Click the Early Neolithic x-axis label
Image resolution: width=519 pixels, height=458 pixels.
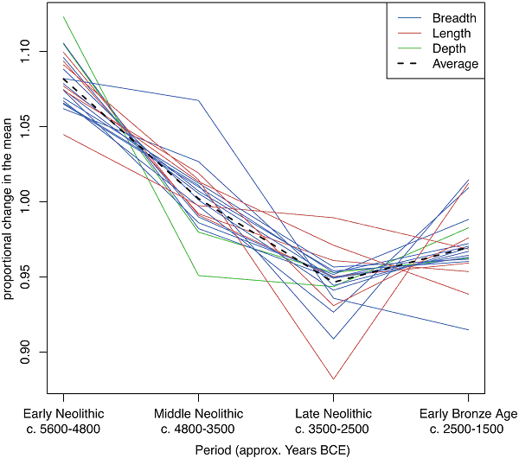coord(63,413)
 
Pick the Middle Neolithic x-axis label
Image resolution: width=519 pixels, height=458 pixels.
coord(198,413)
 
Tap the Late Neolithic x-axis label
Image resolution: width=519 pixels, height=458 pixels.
coord(333,413)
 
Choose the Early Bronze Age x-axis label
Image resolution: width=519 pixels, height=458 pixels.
coord(468,413)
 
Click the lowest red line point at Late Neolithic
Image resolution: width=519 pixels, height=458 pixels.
coord(333,378)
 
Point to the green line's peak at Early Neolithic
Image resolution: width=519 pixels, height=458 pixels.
coord(63,16)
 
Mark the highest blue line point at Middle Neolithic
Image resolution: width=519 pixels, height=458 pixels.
coord(198,100)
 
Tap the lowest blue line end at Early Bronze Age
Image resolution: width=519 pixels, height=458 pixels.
coord(468,329)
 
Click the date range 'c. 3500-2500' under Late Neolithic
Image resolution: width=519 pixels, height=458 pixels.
coord(333,429)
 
